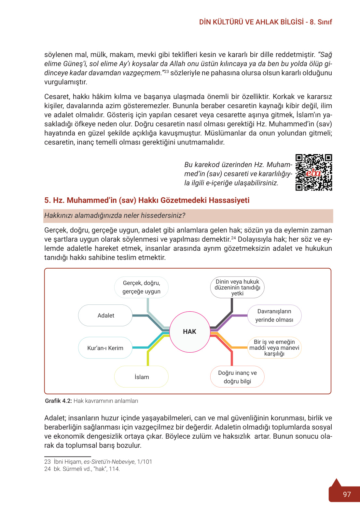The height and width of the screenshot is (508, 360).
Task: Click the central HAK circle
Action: [190, 332]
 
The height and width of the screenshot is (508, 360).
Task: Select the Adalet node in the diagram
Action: [105, 315]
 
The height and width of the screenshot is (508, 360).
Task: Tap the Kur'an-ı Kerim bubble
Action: [105, 348]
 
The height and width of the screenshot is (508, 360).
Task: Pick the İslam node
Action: [142, 377]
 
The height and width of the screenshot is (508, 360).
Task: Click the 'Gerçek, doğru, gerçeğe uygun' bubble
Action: [142, 287]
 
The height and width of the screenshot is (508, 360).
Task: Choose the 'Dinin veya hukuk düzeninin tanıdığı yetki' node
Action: [237, 287]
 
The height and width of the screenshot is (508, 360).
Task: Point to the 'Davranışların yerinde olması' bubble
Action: [274, 315]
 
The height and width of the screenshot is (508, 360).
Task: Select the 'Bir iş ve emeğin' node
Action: [274, 347]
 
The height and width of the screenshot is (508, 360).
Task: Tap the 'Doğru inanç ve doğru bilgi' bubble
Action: [237, 377]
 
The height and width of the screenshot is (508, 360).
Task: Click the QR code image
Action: [313, 172]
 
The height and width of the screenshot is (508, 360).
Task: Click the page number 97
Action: [347, 494]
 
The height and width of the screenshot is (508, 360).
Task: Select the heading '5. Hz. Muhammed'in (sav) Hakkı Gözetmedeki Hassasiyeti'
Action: [147, 200]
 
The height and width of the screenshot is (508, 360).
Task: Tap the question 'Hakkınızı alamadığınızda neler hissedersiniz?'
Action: [115, 216]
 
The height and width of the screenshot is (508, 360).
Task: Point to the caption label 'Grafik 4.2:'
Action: [58, 401]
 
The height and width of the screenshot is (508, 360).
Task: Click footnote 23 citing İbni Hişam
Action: [98, 462]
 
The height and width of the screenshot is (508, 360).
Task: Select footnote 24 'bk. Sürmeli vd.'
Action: [82, 469]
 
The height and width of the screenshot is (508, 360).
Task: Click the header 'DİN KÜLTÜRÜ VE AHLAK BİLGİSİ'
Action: [251, 22]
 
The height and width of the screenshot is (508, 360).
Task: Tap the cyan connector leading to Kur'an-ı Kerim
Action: [141, 347]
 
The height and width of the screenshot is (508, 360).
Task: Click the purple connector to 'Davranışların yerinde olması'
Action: [239, 315]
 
